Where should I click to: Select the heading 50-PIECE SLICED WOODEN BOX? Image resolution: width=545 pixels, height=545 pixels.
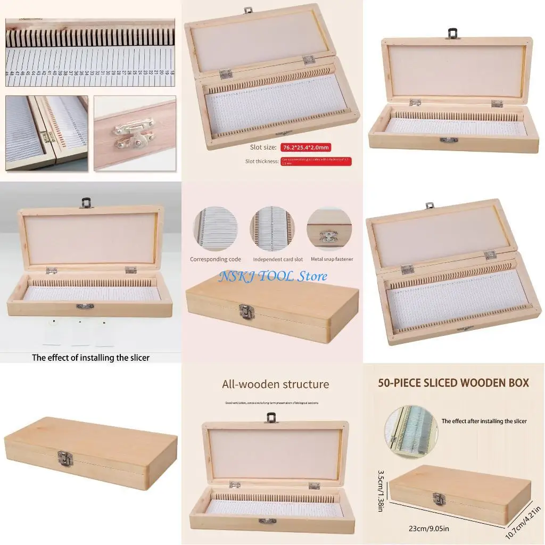click(453, 383)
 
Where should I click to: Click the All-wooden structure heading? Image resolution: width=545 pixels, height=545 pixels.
click(275, 384)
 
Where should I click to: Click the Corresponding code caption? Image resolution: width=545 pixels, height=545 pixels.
click(216, 259)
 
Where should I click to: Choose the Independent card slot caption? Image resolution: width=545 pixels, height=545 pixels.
click(278, 259)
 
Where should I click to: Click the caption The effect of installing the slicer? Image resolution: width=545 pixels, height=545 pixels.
click(90, 358)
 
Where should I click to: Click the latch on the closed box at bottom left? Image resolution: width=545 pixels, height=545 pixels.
click(64, 458)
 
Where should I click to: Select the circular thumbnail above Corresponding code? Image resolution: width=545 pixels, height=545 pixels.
click(216, 229)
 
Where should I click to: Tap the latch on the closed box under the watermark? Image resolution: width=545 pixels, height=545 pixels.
click(246, 311)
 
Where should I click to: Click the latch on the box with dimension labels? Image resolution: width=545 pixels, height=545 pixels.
click(439, 499)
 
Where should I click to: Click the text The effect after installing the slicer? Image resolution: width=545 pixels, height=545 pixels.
click(484, 421)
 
